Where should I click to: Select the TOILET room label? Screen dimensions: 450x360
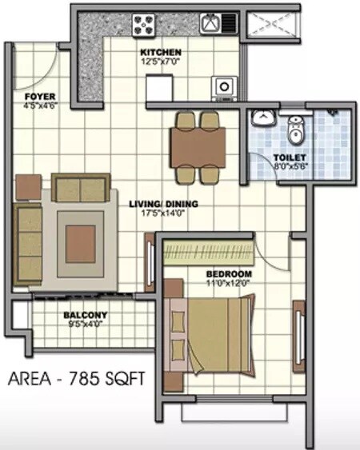coord(288,157)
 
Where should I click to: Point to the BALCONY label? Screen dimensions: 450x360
coord(85,314)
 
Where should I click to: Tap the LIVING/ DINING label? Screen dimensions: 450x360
coord(163,203)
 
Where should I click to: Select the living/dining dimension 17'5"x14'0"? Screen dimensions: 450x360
coord(163,213)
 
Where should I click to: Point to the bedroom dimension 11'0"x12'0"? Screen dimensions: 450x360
coord(207,281)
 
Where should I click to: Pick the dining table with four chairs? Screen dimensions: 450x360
coord(197,145)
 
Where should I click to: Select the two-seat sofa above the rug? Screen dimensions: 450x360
coord(78,188)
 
